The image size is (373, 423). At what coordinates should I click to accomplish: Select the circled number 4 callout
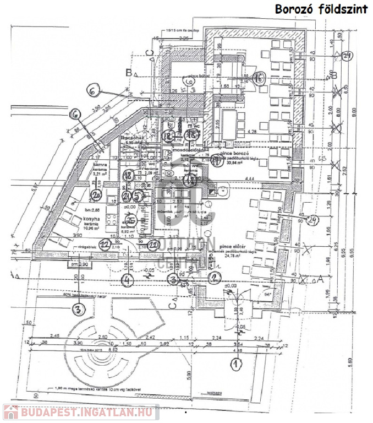[127, 280]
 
